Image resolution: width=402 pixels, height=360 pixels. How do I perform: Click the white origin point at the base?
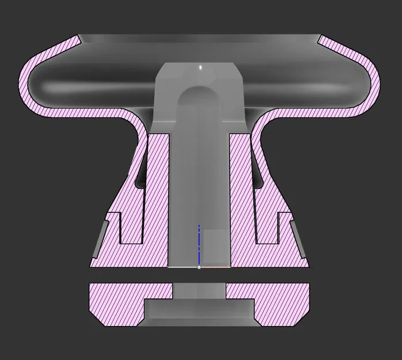coord(199,267)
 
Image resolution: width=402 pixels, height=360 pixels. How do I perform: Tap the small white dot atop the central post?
coord(200,67)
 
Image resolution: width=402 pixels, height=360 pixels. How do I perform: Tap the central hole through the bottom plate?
coord(199,291)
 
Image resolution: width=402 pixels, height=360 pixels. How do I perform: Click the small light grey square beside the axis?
coord(216,245)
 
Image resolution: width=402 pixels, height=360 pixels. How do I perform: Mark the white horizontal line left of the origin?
coord(183,267)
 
